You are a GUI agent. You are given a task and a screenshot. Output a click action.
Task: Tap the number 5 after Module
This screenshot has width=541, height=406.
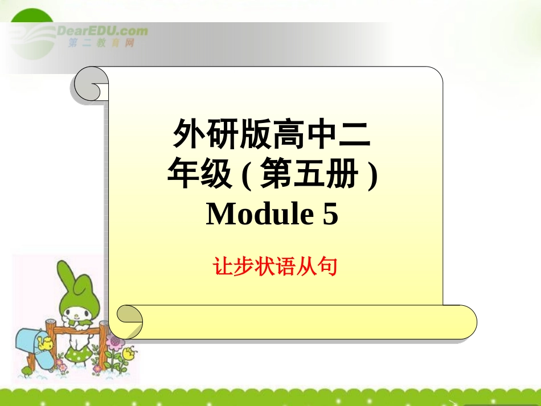click(330, 215)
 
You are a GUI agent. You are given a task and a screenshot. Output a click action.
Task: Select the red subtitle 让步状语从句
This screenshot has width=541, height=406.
click(275, 266)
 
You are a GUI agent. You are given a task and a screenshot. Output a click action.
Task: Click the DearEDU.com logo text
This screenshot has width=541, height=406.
click(103, 31)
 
